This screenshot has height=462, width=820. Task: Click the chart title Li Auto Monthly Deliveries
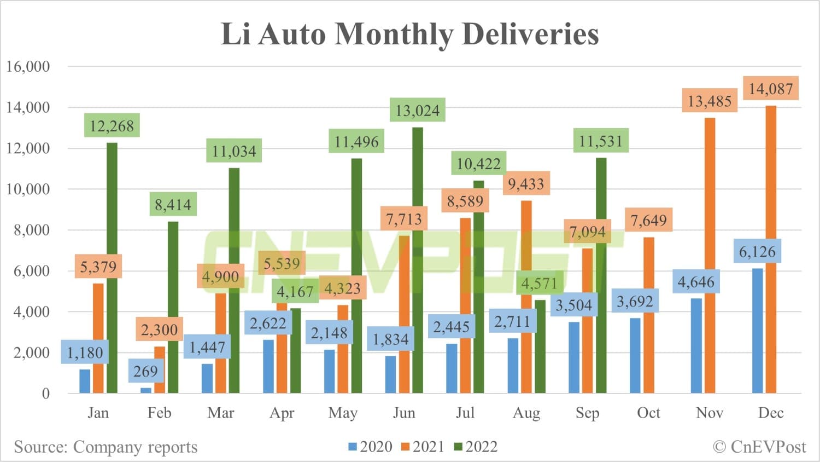pyautogui.click(x=409, y=34)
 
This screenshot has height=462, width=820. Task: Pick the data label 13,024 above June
pyautogui.click(x=417, y=111)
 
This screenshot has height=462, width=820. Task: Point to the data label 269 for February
pyautogui.click(x=145, y=372)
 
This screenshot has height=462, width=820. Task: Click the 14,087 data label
pyautogui.click(x=770, y=89)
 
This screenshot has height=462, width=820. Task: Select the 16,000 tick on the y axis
pyautogui.click(x=28, y=67)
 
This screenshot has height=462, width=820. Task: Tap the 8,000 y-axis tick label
pyautogui.click(x=32, y=230)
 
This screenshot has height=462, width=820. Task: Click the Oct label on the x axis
pyautogui.click(x=648, y=413)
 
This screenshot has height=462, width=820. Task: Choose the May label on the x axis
pyautogui.click(x=343, y=413)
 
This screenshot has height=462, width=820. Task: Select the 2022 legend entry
pyautogui.click(x=476, y=447)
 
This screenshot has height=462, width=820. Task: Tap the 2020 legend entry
pyautogui.click(x=370, y=447)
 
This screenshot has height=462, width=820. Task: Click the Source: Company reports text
pyautogui.click(x=106, y=447)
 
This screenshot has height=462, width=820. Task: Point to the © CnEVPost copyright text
pyautogui.click(x=759, y=447)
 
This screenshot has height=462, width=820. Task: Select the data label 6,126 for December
pyautogui.click(x=757, y=252)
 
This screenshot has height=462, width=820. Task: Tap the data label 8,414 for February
pyautogui.click(x=173, y=205)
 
